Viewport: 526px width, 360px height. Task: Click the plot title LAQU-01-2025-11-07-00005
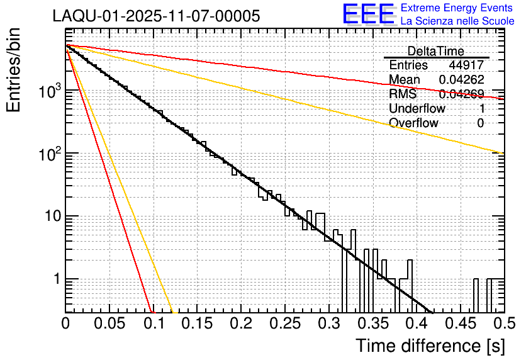pos(156,16)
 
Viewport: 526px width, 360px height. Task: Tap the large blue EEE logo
pos(369,14)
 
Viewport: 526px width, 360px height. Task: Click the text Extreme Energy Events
pos(457,8)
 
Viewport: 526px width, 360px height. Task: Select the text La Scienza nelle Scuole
pos(457,21)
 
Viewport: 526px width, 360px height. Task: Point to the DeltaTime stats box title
pos(435,51)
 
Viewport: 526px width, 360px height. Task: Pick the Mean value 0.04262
pos(461,80)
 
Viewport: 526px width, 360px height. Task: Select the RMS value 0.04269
pos(461,94)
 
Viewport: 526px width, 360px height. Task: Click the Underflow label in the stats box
pos(417,109)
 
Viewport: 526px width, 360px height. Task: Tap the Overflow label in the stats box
pos(413,123)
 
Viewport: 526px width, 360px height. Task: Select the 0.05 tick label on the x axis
pos(109,323)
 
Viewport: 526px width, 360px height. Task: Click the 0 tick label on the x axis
pos(65,323)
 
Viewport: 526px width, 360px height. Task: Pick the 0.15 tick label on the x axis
pos(197,323)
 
